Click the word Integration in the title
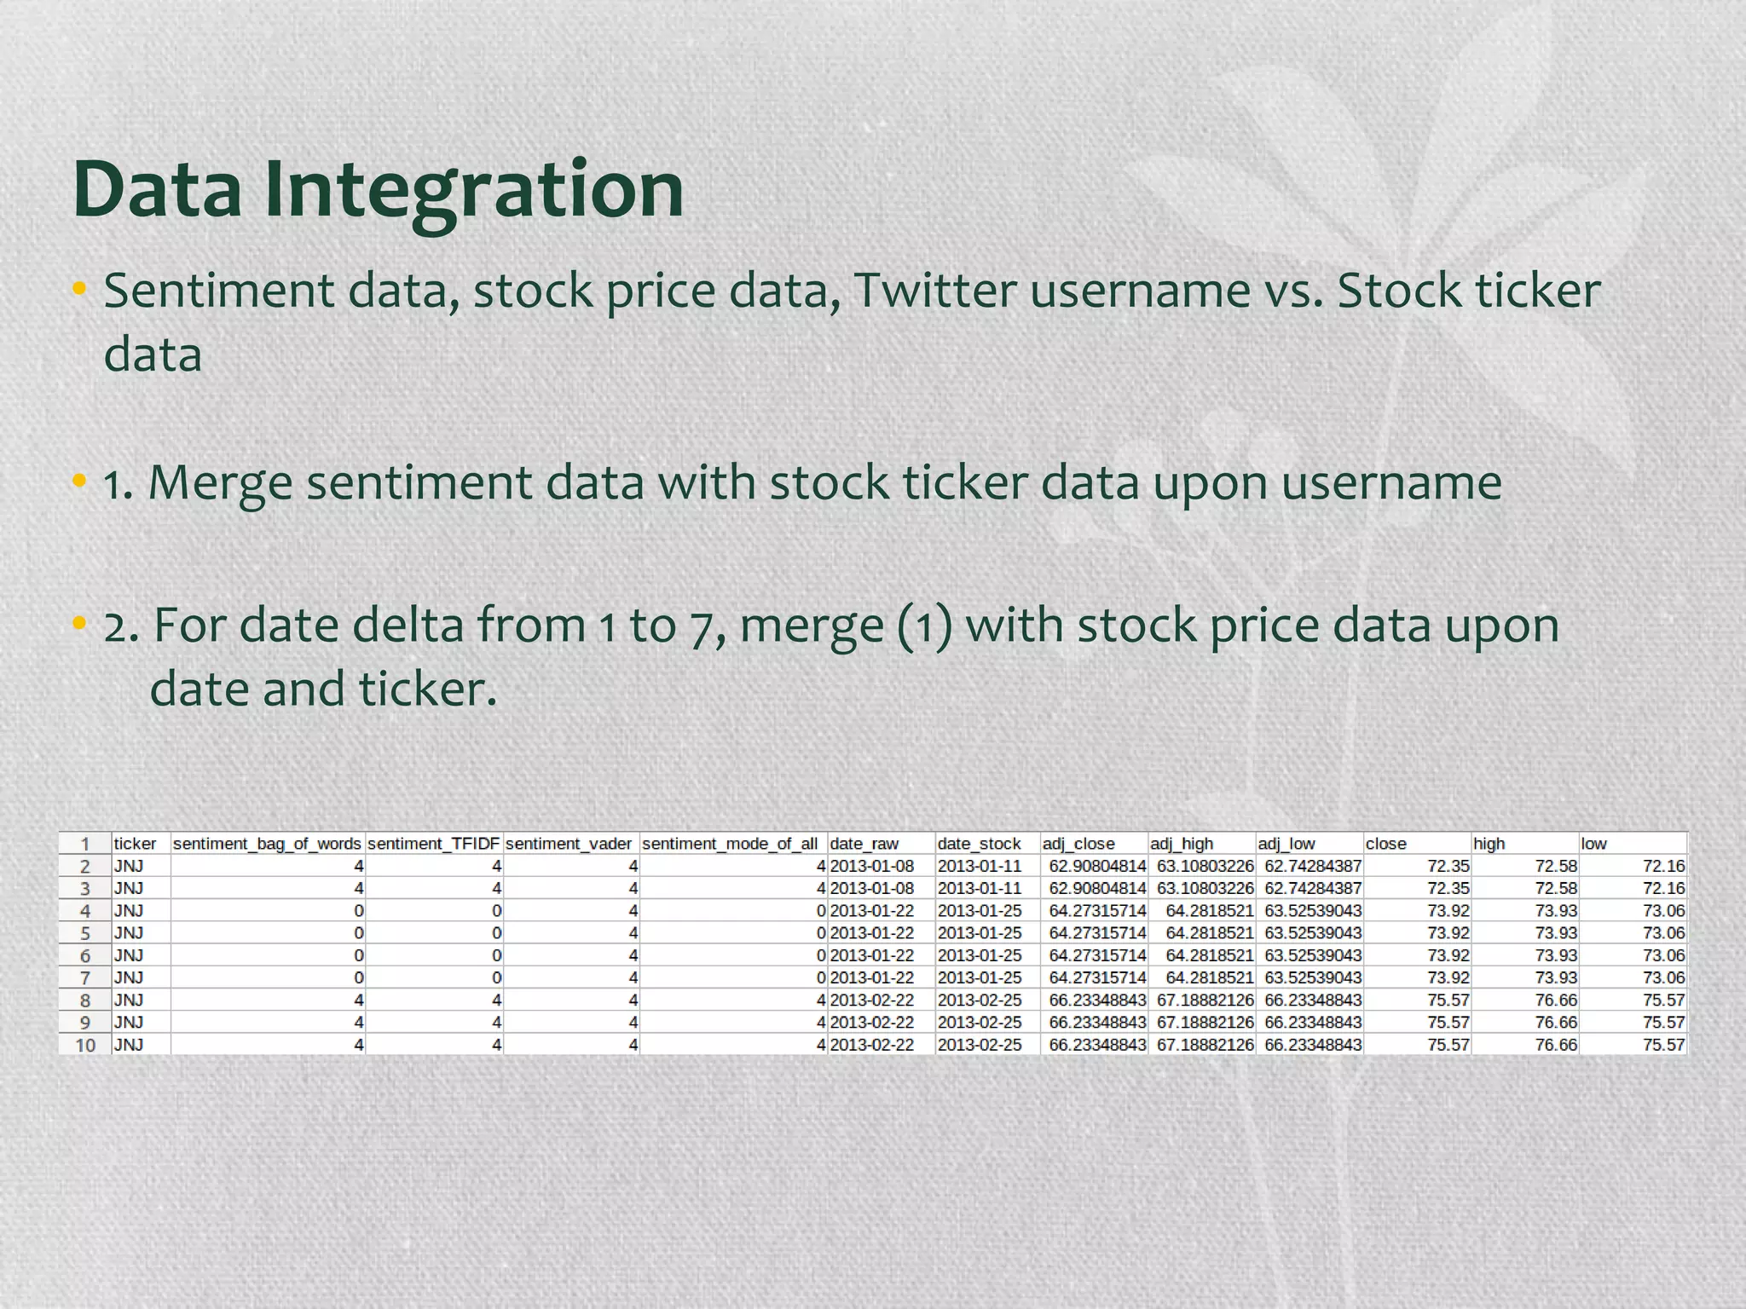[474, 189]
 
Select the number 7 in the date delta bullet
[701, 626]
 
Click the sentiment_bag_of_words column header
[267, 844]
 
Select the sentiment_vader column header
[569, 844]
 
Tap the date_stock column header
[979, 844]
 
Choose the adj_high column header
[1182, 844]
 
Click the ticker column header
[136, 844]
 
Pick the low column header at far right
[1593, 844]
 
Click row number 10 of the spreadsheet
[85, 1045]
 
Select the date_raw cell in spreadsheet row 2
[872, 866]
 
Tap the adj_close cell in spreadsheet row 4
[1097, 911]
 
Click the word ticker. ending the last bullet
[427, 689]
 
